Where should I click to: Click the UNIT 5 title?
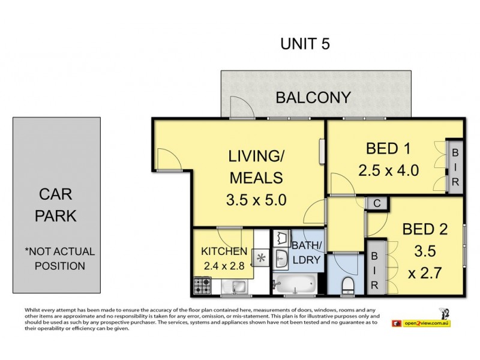(305, 44)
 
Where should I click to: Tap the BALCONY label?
(313, 98)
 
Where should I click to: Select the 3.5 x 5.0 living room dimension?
(256, 200)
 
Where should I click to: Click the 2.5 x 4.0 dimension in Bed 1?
(388, 170)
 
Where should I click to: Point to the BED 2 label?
(425, 229)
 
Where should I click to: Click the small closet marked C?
(377, 203)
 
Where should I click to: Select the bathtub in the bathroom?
(295, 283)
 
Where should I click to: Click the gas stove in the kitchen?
(202, 286)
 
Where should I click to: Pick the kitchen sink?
(233, 287)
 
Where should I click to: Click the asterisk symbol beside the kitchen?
(261, 258)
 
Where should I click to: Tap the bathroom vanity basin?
(281, 259)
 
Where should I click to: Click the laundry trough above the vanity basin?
(281, 238)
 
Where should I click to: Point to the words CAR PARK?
(55, 205)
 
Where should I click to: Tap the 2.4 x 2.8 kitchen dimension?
(224, 266)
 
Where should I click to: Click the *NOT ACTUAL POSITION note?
(59, 259)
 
